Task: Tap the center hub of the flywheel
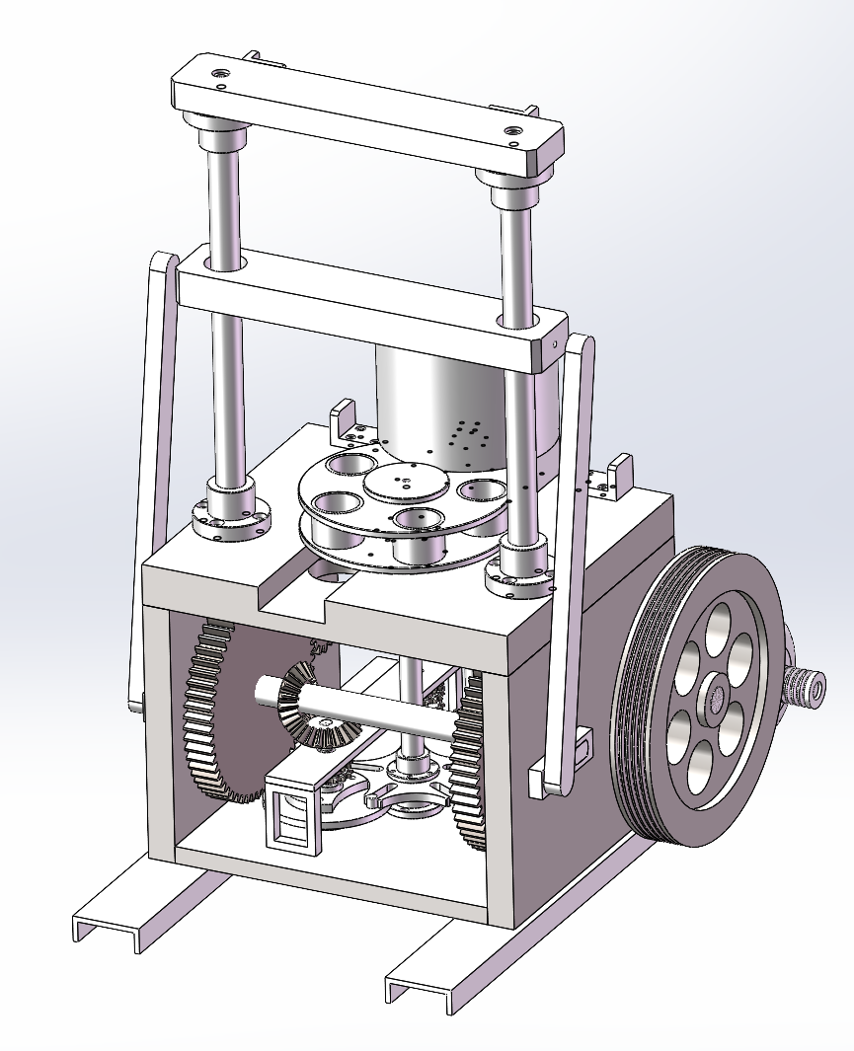tap(714, 699)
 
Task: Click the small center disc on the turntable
tap(405, 483)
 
